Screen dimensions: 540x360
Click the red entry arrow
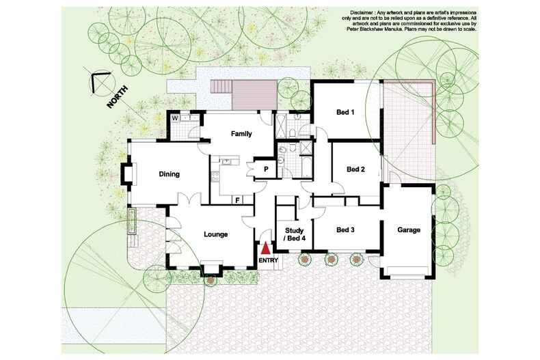coord(265,249)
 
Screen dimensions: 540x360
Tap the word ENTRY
coord(268,260)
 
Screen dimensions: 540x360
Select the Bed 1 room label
coord(345,112)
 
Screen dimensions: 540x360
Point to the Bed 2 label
coord(355,169)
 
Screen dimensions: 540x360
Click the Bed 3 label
coord(345,230)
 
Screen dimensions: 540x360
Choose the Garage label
coord(409,230)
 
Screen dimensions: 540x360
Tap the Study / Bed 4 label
coord(294,234)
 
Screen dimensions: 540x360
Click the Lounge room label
coord(216,234)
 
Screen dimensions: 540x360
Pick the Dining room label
coord(169,174)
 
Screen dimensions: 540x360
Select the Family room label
coord(241,133)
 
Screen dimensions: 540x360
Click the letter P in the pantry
coord(266,169)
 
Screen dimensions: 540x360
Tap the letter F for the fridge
coord(238,199)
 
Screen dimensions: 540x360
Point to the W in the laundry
coord(175,118)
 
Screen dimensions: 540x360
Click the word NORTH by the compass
coord(118,97)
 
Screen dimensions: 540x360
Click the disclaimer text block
coord(411,21)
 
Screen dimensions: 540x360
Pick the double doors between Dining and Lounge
coord(189,199)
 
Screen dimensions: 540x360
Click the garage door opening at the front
coord(407,277)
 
